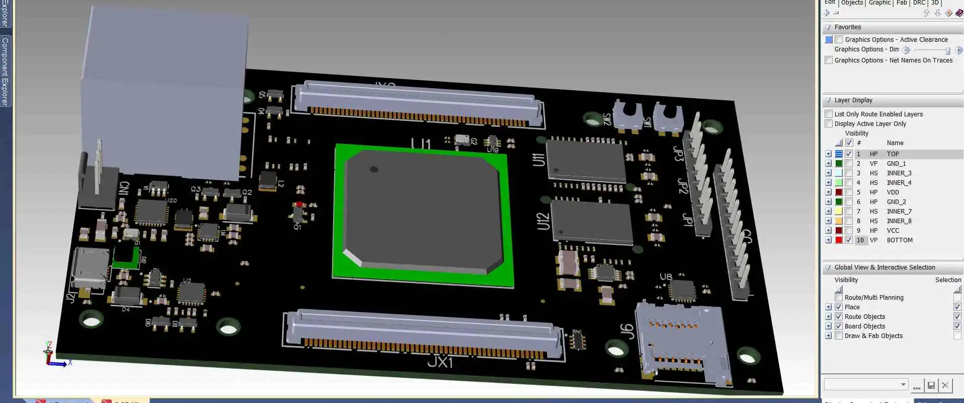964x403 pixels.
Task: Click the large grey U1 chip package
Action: click(x=423, y=212)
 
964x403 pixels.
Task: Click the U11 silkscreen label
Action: click(x=538, y=160)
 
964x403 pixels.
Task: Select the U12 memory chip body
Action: click(x=591, y=222)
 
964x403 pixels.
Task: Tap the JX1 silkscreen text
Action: click(x=440, y=362)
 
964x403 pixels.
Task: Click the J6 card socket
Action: click(x=682, y=343)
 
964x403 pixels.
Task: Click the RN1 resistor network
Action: click(x=578, y=341)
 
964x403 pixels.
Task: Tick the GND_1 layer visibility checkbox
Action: click(x=849, y=164)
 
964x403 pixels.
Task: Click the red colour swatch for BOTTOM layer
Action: click(x=839, y=240)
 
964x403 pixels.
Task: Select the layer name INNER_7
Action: click(x=899, y=212)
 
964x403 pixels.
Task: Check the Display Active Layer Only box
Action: click(x=829, y=124)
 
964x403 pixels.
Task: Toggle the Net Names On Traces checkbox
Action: click(x=829, y=60)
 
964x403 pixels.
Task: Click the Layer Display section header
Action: click(x=853, y=100)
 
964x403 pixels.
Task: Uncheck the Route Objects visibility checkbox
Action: click(x=839, y=317)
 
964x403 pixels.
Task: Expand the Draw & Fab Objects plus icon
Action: click(x=829, y=336)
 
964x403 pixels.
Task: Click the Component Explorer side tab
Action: click(x=5, y=71)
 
